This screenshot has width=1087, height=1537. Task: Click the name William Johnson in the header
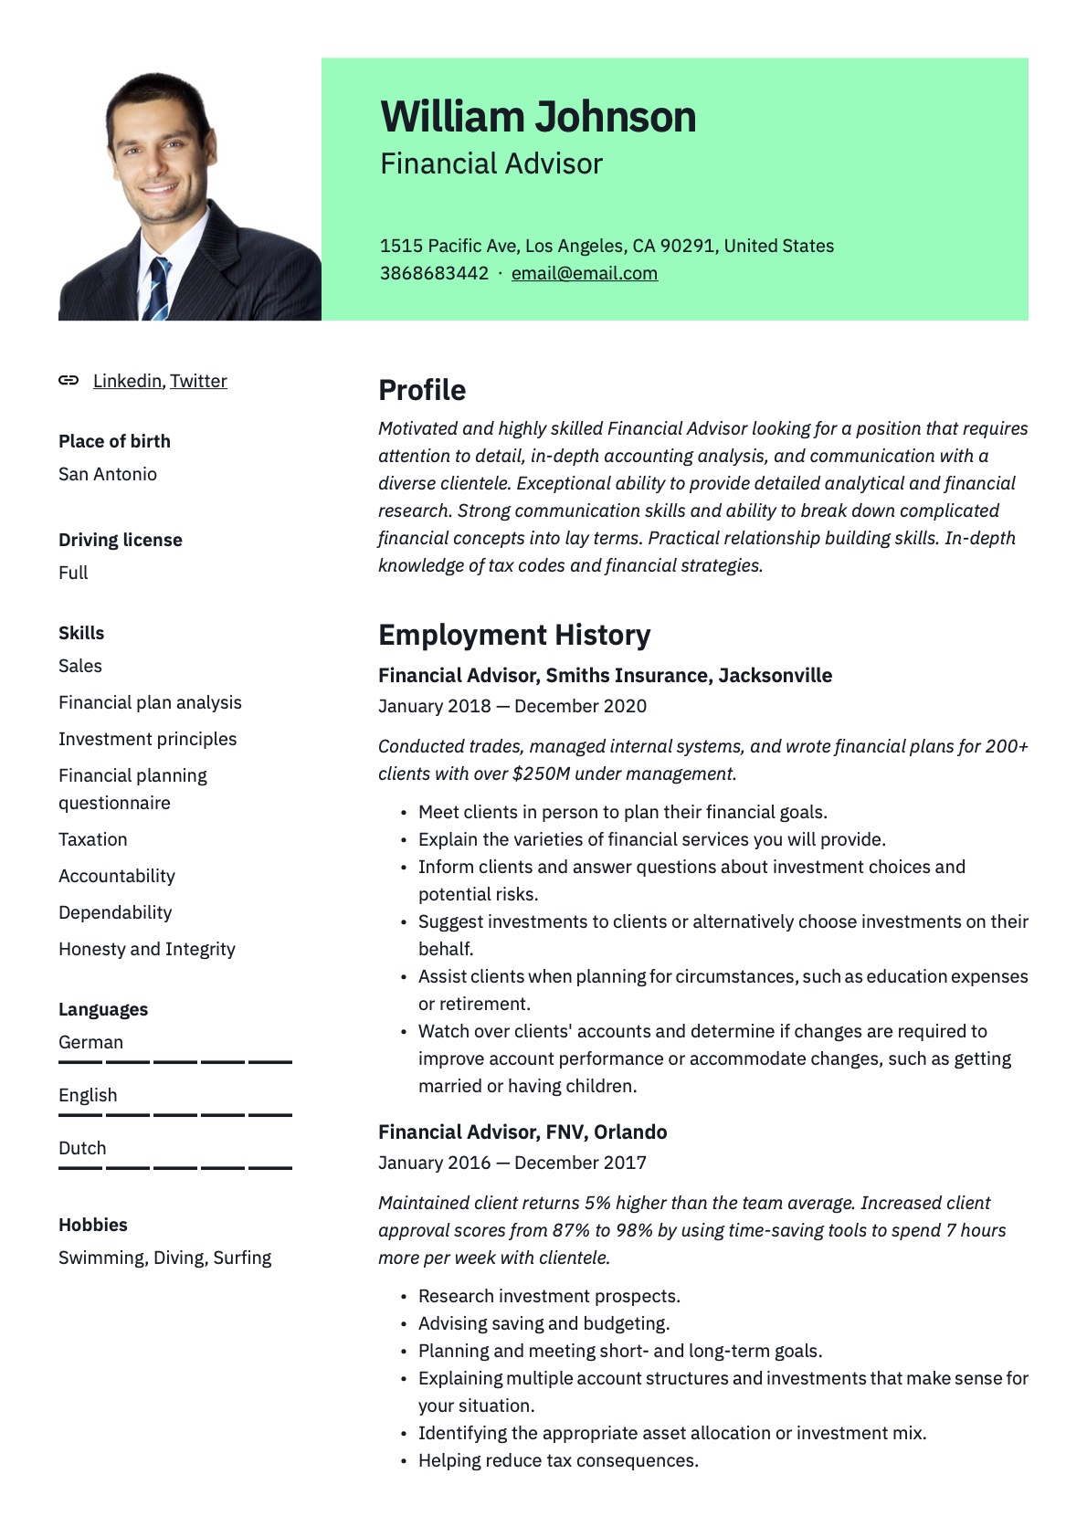tap(538, 117)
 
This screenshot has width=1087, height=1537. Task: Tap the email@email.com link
tap(584, 273)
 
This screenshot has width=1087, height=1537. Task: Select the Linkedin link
tap(127, 381)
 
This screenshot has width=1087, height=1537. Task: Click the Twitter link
tap(198, 381)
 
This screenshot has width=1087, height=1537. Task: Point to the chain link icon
tap(69, 380)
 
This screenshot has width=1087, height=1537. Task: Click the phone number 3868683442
tap(434, 273)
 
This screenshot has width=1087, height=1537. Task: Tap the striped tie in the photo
tap(158, 289)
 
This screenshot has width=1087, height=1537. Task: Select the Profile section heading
tap(422, 390)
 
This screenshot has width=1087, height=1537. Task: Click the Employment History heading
tap(514, 635)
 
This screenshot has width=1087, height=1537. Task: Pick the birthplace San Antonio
tap(108, 474)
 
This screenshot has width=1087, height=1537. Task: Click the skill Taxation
tap(93, 839)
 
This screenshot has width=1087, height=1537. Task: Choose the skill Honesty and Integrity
tap(147, 949)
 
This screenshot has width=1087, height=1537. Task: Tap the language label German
tap(90, 1042)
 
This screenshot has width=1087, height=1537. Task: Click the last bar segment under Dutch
tap(270, 1168)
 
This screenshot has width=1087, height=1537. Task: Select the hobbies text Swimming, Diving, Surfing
tap(164, 1258)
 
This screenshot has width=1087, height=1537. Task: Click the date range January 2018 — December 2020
tap(512, 706)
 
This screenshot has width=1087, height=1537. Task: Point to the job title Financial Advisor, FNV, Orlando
tap(522, 1132)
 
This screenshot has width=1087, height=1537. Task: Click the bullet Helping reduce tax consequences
tap(558, 1460)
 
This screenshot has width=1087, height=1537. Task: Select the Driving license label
tap(121, 540)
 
